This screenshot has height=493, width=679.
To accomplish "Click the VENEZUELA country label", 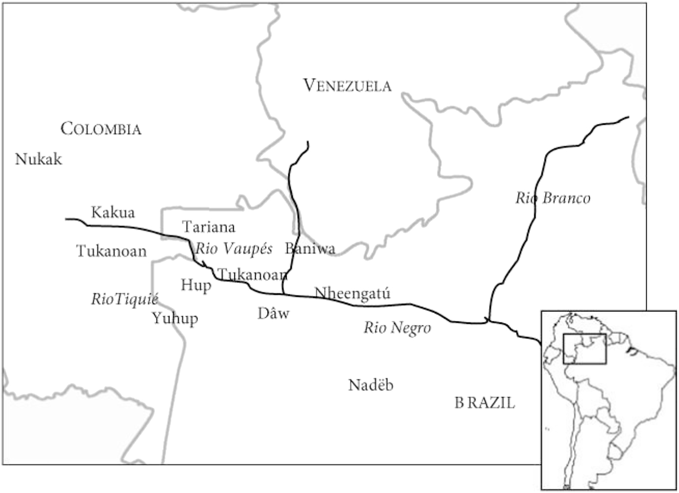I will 347,85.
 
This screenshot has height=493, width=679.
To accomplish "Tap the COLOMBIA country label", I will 101,129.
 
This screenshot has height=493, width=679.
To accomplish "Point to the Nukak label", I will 38,159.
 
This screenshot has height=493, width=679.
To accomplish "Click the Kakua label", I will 113,212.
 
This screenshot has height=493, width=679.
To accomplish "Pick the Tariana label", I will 208,227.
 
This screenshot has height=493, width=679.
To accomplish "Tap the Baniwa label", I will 310,249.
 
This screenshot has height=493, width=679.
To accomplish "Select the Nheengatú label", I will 352,293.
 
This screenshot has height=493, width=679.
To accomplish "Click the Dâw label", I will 273,313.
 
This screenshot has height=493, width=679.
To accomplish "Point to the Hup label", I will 196,285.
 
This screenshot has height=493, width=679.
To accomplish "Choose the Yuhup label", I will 175,319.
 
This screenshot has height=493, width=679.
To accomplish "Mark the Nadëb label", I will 371,385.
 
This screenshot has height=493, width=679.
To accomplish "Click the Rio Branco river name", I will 553,198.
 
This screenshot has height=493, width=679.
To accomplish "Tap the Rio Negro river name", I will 397,328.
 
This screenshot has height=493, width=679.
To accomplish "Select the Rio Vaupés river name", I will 234,249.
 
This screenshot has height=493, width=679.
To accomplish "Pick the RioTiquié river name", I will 125,299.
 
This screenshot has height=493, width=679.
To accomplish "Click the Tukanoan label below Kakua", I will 111,251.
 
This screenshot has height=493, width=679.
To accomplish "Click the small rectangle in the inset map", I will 585,349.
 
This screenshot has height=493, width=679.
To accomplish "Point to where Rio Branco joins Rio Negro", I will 488,321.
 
